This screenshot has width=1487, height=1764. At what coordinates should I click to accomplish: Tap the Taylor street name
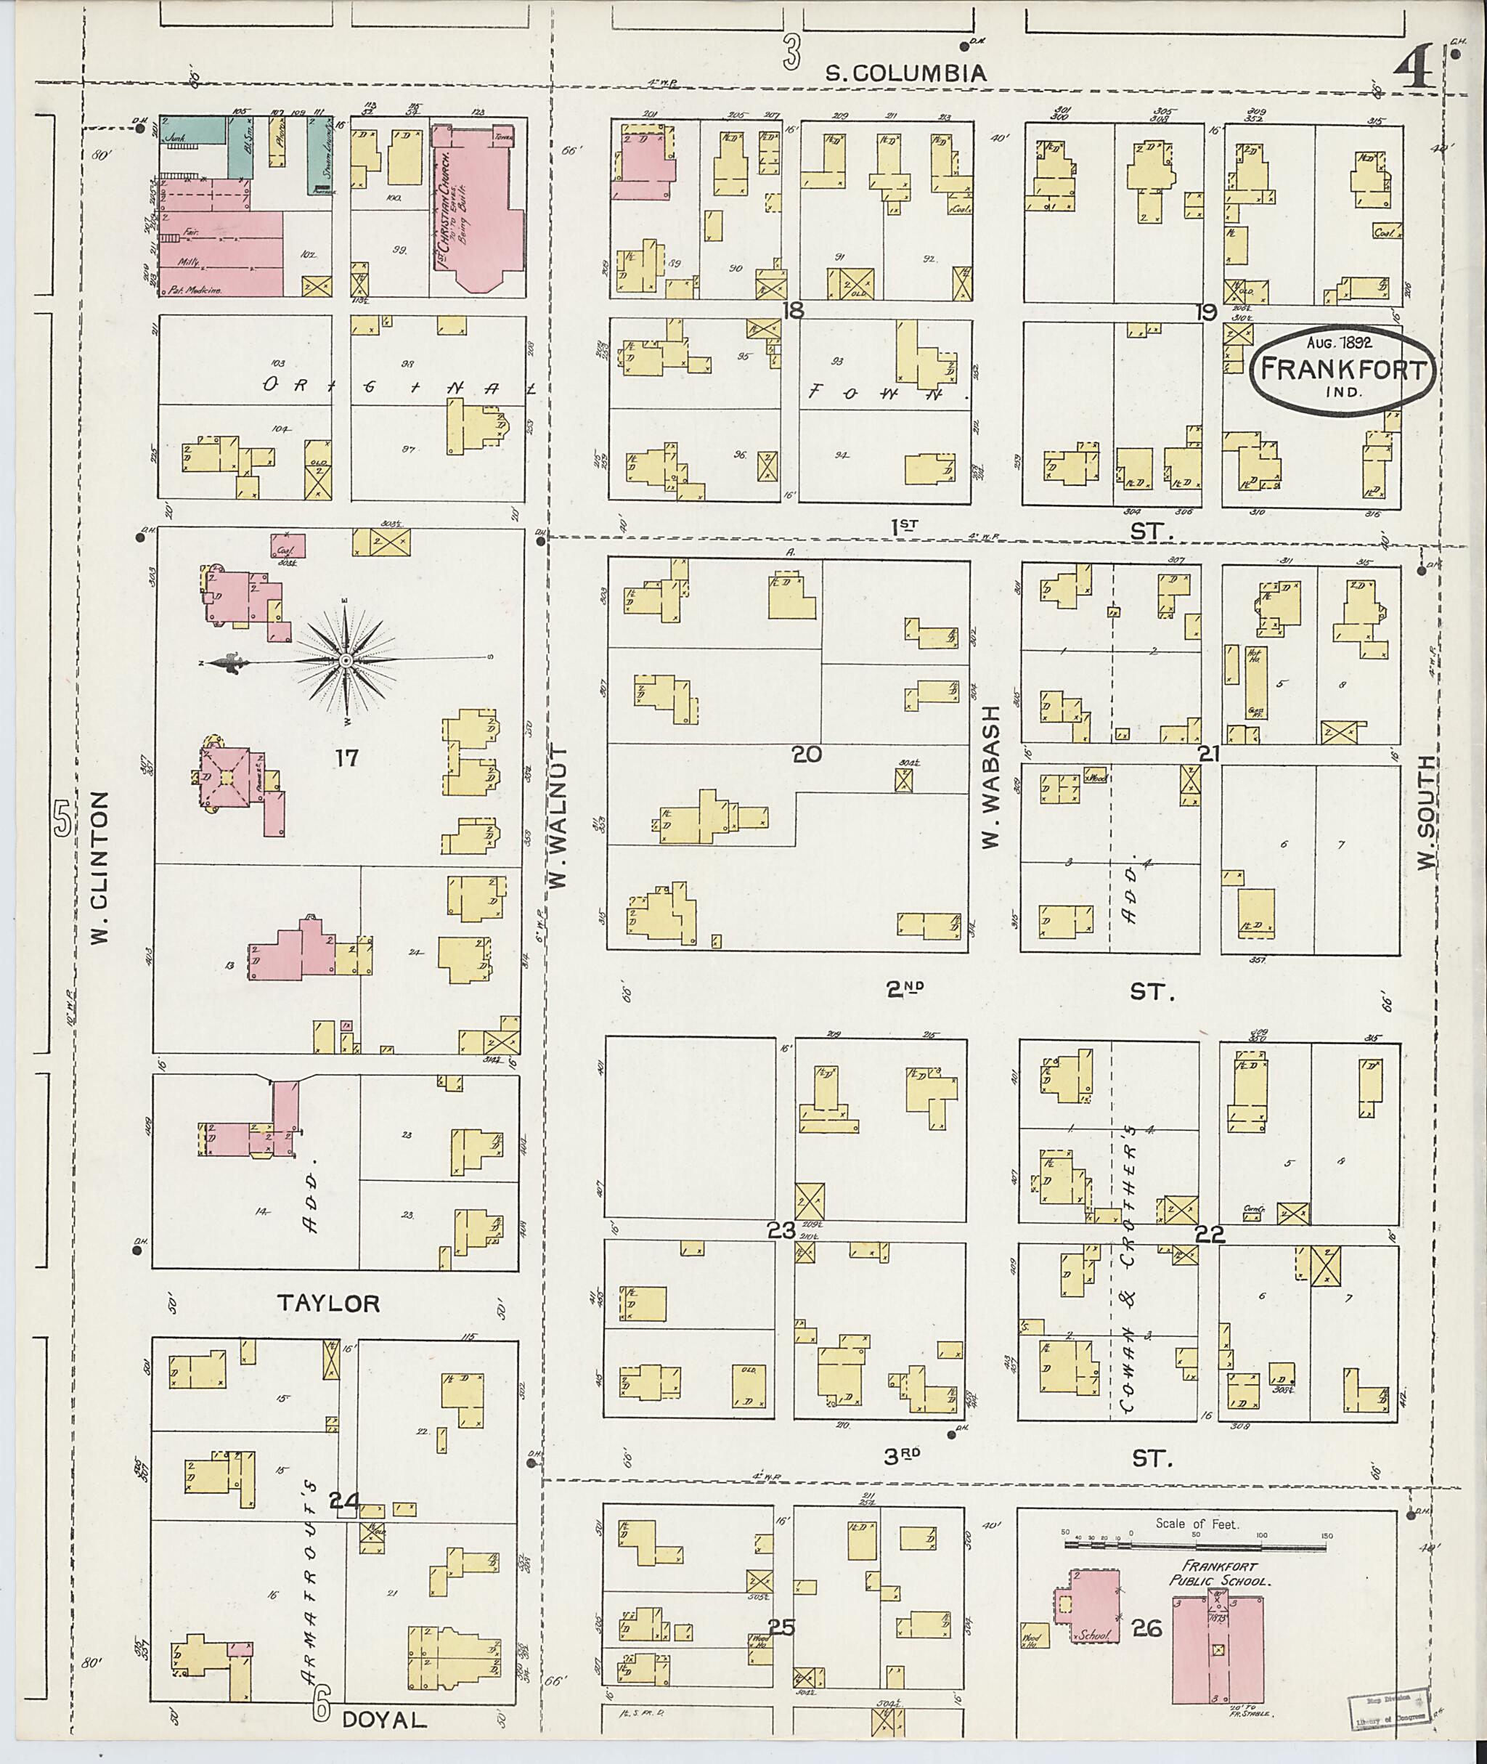329,1304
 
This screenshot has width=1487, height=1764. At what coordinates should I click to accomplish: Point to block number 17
346,758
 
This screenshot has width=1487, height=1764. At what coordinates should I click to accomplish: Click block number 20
806,755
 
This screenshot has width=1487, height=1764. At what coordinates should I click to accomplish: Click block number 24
345,1502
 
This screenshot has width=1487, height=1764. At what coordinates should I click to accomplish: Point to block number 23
781,1230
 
